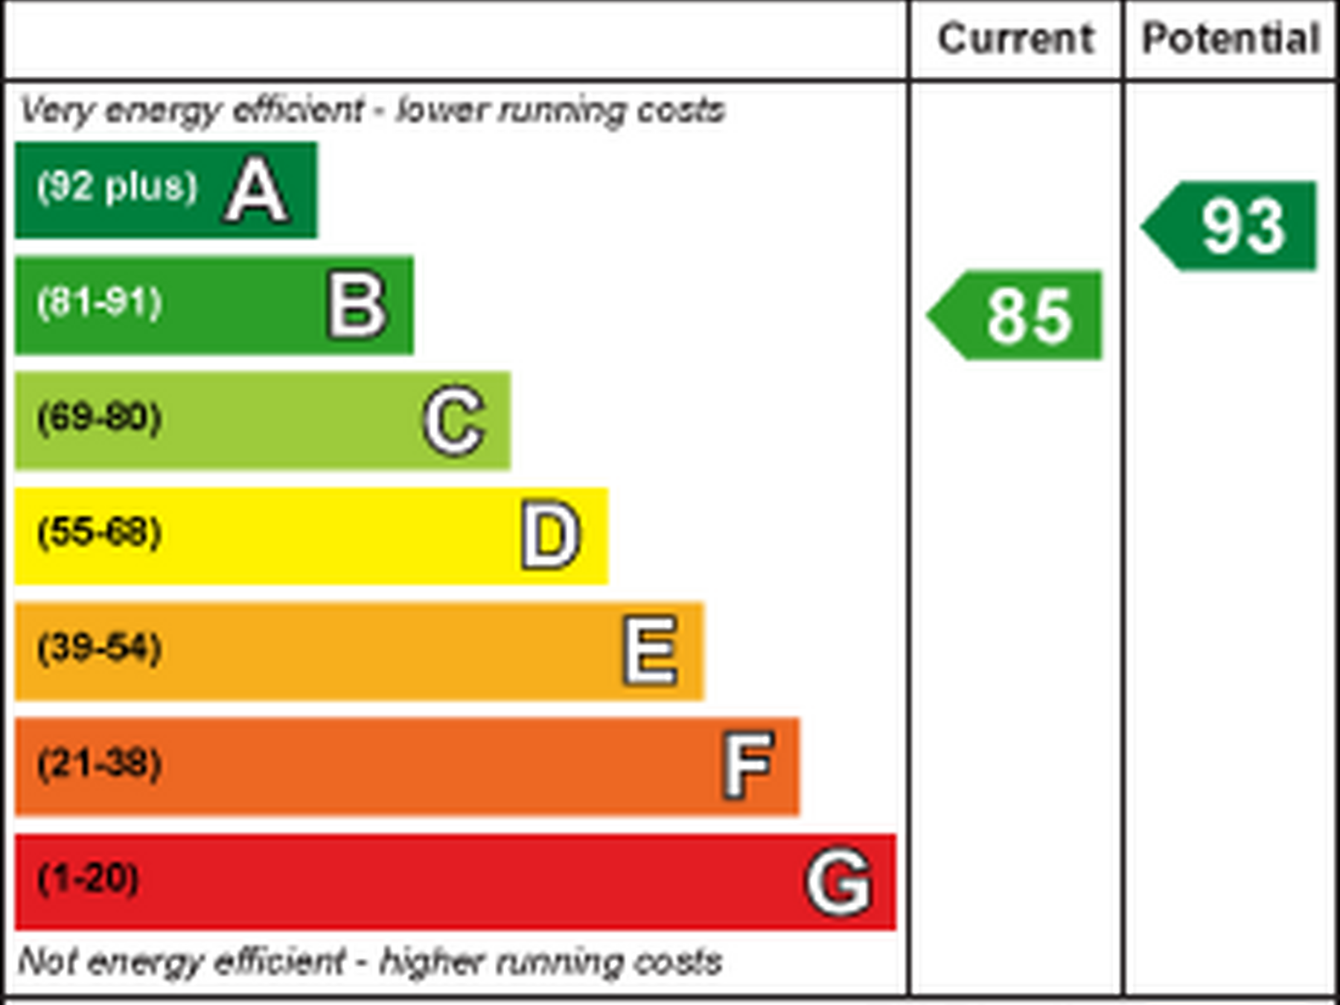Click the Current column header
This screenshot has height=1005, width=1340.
click(1015, 39)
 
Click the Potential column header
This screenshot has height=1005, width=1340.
click(1231, 39)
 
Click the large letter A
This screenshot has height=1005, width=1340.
click(255, 191)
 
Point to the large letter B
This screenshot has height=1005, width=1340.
click(357, 305)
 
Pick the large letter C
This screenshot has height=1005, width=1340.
click(454, 421)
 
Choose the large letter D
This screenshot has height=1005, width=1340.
click(550, 535)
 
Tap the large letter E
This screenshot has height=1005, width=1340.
click(651, 651)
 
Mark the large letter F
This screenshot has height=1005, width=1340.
click(747, 765)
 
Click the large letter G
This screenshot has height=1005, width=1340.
click(839, 882)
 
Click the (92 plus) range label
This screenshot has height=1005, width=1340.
click(118, 186)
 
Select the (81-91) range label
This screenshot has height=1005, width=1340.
click(100, 302)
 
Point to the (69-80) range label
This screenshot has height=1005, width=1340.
click(100, 417)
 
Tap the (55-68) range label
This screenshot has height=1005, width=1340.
click(100, 532)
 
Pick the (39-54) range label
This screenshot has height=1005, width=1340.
click(100, 647)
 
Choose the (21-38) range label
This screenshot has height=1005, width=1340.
click(100, 763)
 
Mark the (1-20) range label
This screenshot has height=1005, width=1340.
click(88, 878)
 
